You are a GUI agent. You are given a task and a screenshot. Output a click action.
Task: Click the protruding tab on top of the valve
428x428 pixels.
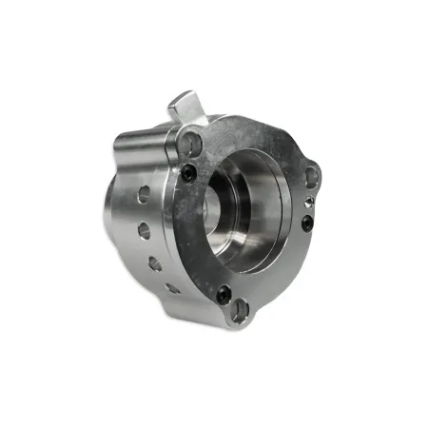pos(185,104)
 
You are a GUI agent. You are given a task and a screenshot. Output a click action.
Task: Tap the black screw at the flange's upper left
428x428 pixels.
pos(189,171)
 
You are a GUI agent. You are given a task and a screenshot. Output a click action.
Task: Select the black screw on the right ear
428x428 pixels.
pos(306,224)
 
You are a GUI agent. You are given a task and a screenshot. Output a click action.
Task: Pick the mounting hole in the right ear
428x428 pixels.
pos(310,174)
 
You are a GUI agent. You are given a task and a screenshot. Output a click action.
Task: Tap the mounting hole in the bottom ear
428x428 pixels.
pos(241,308)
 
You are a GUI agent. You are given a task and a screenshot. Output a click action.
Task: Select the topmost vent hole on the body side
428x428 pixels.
pos(143,194)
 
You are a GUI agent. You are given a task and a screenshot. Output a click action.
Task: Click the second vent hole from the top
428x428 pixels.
pos(144,230)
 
